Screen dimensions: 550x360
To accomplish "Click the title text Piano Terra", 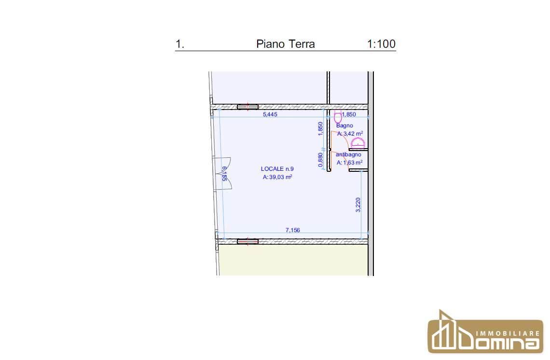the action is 286,44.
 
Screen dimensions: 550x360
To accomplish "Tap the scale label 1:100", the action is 381,44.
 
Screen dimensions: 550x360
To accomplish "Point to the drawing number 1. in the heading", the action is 179,44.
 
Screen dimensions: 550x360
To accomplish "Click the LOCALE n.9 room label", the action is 277,169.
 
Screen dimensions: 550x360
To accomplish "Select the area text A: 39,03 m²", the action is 277,177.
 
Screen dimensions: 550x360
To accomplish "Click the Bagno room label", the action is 344,125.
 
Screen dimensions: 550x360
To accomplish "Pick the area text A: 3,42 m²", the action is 350,134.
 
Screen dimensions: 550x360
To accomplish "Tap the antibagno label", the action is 348,154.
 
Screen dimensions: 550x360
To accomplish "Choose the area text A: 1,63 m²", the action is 350,163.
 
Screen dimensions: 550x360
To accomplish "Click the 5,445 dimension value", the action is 270,114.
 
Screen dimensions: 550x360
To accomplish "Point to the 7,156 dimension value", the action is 292,230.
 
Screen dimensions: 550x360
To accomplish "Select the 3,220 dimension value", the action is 358,205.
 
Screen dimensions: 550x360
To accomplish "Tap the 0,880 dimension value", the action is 320,160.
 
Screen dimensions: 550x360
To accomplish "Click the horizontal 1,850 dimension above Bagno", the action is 349,114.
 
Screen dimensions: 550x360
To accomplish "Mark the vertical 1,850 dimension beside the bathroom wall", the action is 320,129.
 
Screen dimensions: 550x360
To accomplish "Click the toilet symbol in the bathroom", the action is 338,116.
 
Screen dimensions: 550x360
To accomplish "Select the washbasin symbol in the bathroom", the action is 358,143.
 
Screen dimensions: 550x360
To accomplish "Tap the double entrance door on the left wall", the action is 222,173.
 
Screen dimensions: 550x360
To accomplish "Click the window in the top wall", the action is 247,107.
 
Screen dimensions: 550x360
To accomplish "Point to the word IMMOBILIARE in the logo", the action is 507,333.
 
